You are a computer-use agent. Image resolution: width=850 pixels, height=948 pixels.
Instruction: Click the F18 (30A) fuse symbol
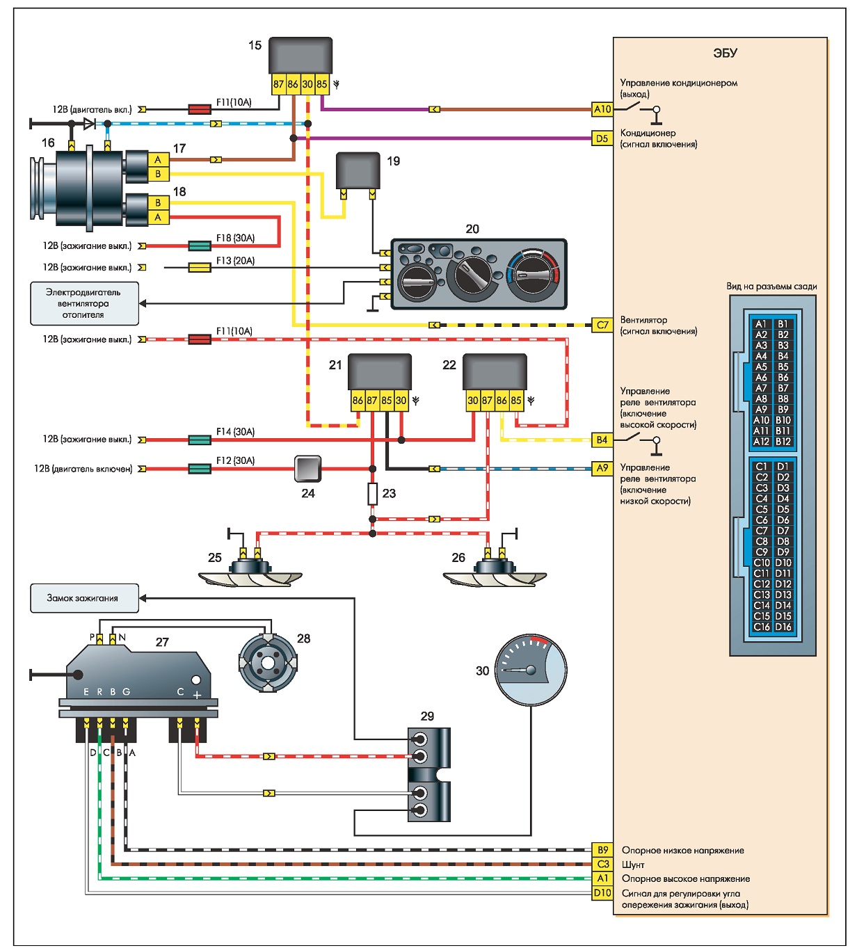[200, 246]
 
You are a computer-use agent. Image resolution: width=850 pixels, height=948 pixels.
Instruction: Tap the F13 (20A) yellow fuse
[200, 267]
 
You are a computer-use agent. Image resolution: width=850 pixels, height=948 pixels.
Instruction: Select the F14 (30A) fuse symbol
[200, 440]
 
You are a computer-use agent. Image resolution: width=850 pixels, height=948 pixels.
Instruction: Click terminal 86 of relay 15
[293, 84]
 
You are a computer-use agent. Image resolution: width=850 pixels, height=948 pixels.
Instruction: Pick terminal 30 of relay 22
[473, 401]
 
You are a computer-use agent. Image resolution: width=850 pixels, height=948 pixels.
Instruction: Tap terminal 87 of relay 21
[371, 401]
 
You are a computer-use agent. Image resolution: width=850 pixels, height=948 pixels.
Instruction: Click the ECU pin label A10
[602, 109]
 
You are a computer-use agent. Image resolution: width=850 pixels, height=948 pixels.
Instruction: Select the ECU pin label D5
[602, 138]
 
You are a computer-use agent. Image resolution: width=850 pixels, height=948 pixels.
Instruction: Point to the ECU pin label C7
[602, 325]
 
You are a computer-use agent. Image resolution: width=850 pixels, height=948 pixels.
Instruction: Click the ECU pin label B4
[602, 440]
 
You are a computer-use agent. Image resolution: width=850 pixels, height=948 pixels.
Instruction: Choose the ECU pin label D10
[602, 893]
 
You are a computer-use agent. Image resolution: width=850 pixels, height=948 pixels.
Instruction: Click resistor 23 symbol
[373, 494]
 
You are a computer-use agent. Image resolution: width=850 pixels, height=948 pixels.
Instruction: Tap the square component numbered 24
[307, 469]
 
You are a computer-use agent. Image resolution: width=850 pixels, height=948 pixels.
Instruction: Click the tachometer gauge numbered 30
[531, 670]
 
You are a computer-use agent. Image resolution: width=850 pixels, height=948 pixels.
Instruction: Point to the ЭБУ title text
[725, 53]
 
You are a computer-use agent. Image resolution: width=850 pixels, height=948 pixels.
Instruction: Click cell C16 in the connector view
[762, 627]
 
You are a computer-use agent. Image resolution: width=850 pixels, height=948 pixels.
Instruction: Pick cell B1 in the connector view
[783, 324]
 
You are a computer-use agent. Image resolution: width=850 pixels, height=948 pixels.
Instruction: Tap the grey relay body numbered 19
[358, 171]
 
